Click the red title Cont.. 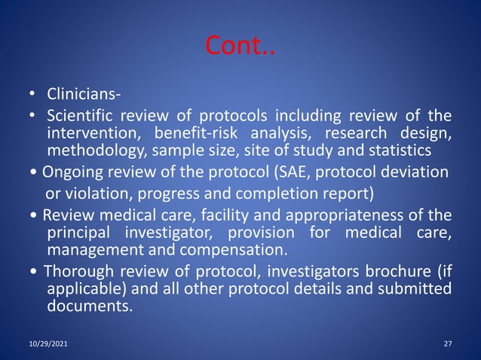click(x=240, y=48)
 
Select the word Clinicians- click(x=84, y=96)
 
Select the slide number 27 click(x=448, y=343)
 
